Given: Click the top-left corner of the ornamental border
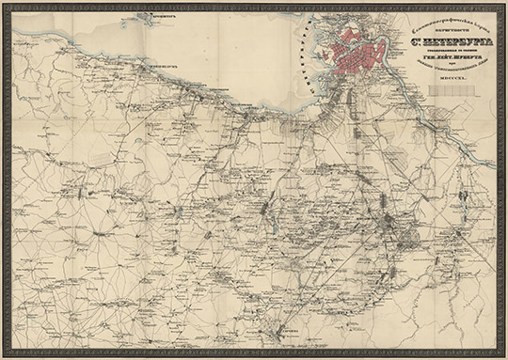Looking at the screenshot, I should pyautogui.click(x=4, y=4).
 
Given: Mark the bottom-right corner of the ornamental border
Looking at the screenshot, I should pyautogui.click(x=504, y=356).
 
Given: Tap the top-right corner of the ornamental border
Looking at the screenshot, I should pyautogui.click(x=504, y=4).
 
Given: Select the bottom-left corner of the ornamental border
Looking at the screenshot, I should pyautogui.click(x=4, y=356).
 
